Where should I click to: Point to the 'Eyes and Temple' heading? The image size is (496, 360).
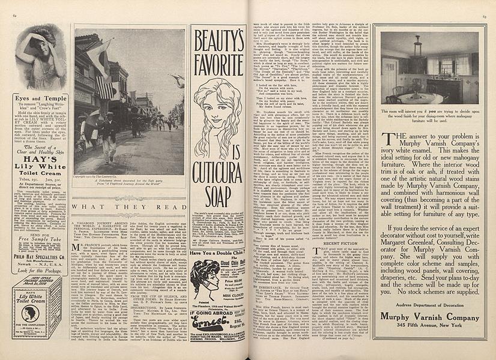pyautogui.click(x=40, y=97)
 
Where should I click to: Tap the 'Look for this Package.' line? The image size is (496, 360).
pyautogui.click(x=40, y=271)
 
